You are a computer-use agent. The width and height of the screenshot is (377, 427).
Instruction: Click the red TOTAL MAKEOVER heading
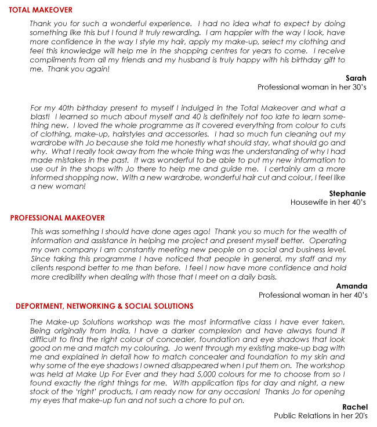coord(41,10)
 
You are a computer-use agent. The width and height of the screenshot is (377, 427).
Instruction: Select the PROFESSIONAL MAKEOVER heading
coord(57,218)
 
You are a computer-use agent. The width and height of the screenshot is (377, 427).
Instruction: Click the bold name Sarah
coord(356,78)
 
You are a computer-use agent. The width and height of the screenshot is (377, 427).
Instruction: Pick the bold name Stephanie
coord(347,193)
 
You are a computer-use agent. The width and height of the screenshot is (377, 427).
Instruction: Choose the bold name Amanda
coord(351,286)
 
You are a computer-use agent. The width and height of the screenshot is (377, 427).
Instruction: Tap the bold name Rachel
coord(354,407)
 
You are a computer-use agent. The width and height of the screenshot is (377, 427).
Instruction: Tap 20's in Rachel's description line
coord(357,416)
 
